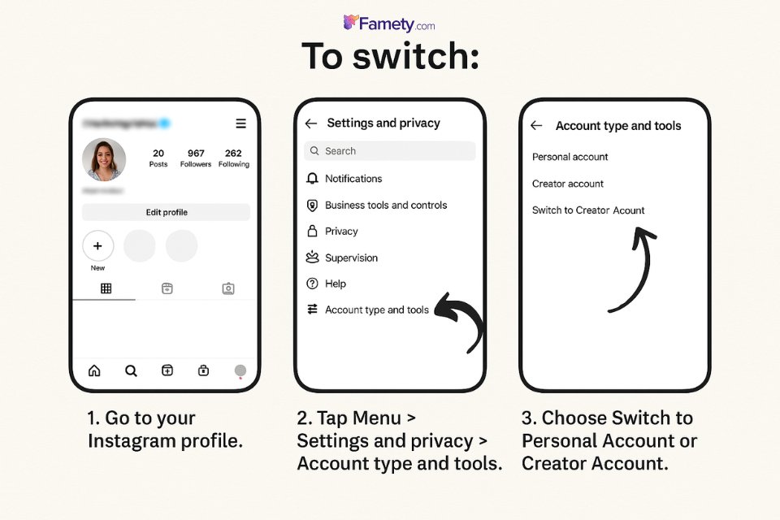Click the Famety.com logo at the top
coord(389,24)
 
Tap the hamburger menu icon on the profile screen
coord(240,123)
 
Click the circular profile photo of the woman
coord(104,159)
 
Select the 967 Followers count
coord(196,158)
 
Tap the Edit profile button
coord(167,212)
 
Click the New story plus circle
coord(98,245)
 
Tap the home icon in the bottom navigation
coord(94,370)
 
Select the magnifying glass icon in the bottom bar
coord(131,370)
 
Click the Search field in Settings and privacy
coord(390,151)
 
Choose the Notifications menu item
coord(353,179)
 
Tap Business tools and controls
coord(385,206)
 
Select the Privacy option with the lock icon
coord(340,232)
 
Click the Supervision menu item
coord(351,258)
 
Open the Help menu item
coord(335,284)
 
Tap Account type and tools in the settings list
coord(376,310)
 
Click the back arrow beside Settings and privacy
coord(310,123)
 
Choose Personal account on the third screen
coord(570,157)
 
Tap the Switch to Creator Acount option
coord(588,210)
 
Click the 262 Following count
coord(233,158)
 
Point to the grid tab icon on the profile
coord(106,288)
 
